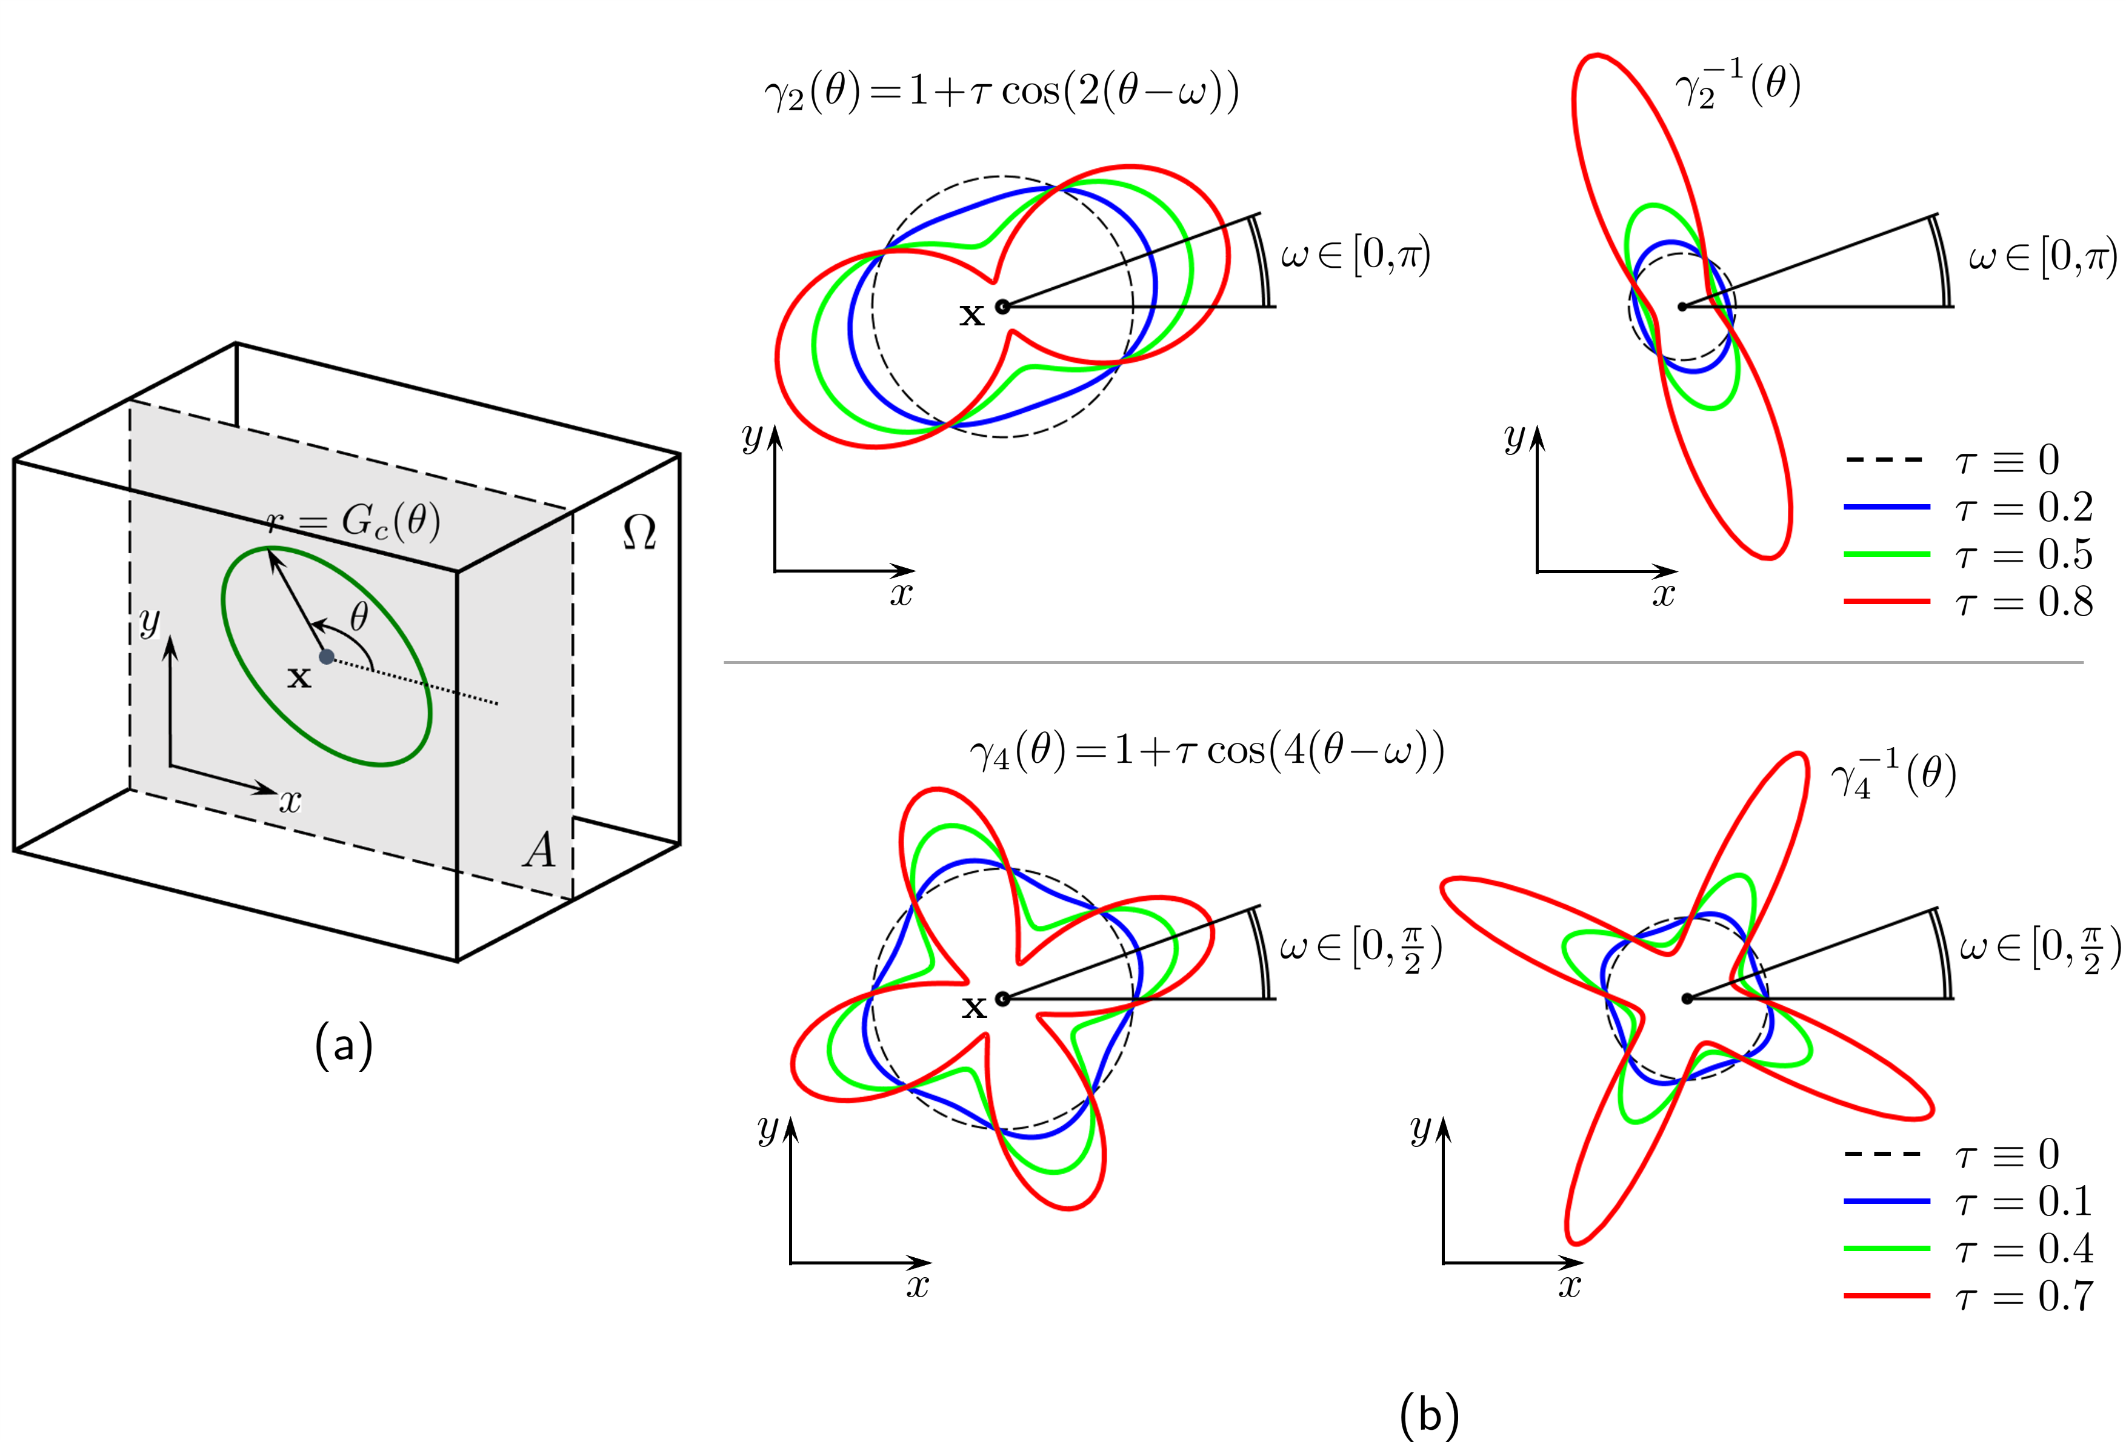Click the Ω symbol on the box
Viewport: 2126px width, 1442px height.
click(x=639, y=531)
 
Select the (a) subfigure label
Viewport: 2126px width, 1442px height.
click(x=344, y=1045)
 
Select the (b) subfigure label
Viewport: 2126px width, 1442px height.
click(x=1429, y=1414)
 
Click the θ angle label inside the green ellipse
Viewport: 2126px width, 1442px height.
click(x=359, y=617)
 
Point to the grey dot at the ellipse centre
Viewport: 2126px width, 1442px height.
click(x=327, y=657)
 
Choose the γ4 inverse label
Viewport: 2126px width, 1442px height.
click(x=1893, y=776)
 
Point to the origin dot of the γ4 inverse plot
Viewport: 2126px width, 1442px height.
click(x=1687, y=998)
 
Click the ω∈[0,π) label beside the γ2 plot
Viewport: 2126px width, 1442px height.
click(x=1355, y=254)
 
